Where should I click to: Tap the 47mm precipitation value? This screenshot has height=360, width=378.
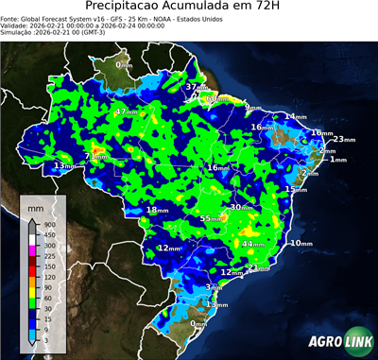pyautogui.click(x=125, y=111)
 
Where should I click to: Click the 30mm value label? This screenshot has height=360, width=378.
pyautogui.click(x=240, y=206)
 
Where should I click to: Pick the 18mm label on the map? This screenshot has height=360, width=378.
pyautogui.click(x=157, y=210)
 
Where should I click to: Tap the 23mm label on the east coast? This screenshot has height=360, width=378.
pyautogui.click(x=343, y=139)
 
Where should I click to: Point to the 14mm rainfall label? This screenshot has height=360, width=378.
pyautogui.click(x=295, y=116)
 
